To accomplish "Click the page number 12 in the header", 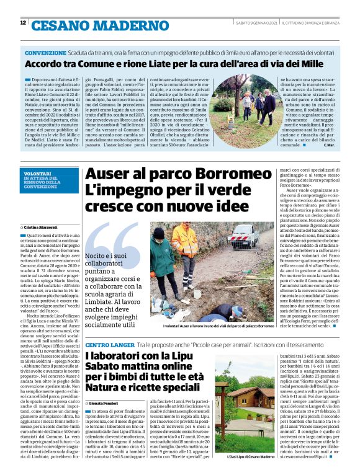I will [x=23, y=23].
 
